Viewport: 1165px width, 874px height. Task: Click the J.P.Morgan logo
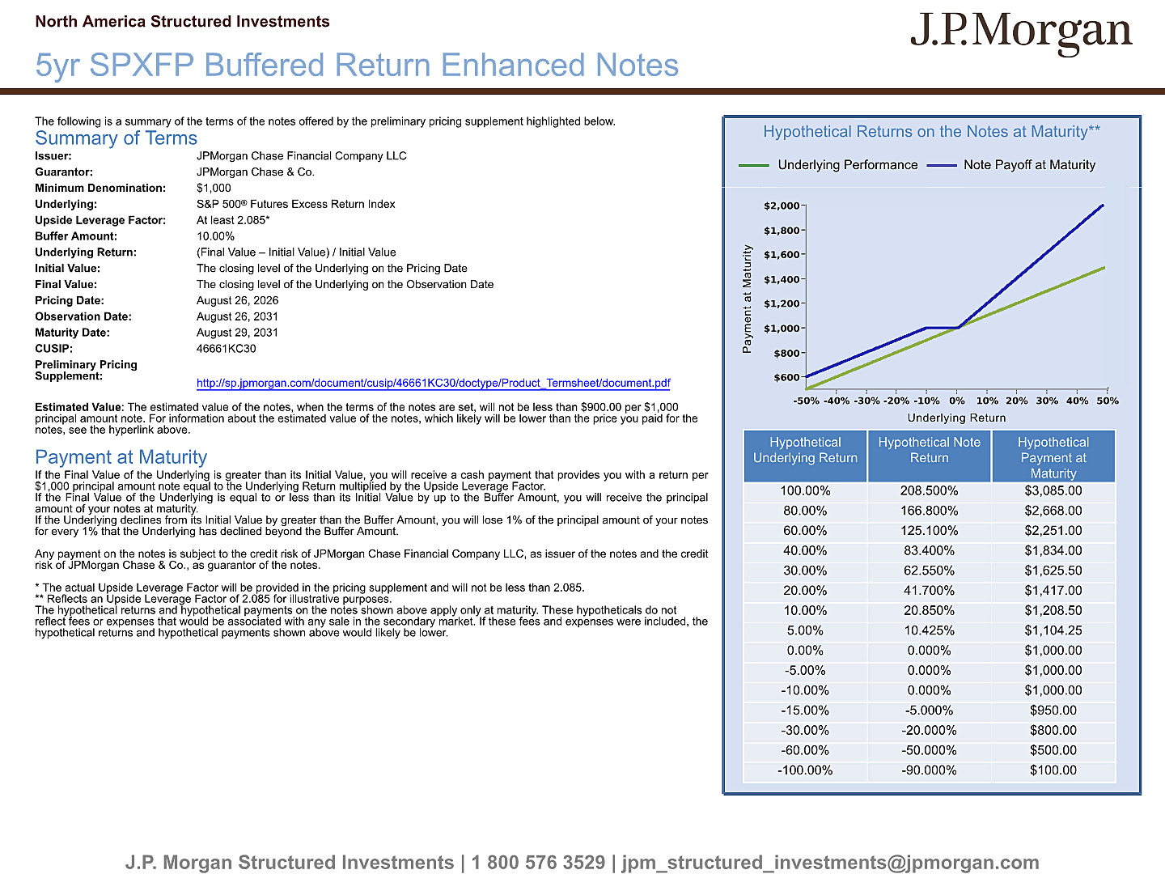[1021, 33]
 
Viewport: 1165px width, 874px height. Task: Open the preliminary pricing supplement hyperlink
[433, 383]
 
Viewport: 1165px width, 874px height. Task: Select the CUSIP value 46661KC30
[226, 349]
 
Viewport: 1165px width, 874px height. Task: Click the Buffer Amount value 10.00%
[215, 236]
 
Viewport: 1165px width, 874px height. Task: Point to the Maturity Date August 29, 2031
[237, 333]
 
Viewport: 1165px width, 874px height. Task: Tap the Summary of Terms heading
[116, 138]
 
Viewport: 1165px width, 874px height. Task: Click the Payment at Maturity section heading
[121, 457]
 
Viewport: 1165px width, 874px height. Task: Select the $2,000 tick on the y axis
[782, 206]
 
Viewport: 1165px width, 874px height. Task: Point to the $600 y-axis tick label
[786, 377]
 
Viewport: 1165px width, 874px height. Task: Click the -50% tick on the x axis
[807, 401]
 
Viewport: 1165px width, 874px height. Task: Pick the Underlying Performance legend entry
[828, 165]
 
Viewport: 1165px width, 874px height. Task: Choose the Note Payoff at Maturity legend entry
[1011, 165]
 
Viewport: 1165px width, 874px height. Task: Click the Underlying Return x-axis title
[956, 418]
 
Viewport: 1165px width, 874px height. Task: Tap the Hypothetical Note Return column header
[929, 450]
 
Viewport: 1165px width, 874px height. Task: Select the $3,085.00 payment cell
[1053, 491]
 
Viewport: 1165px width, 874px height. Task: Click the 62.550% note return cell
[929, 571]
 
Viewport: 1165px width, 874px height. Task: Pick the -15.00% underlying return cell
[805, 710]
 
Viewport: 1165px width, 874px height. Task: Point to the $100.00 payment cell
[1053, 770]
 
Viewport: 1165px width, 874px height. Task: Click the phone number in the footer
[538, 863]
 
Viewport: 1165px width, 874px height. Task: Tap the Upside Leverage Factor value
[233, 220]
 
